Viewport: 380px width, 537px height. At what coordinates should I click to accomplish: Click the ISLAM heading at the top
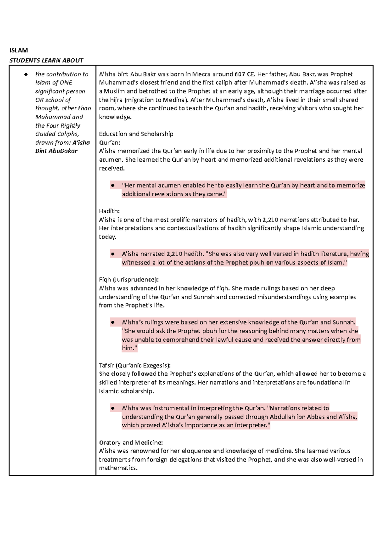(19, 50)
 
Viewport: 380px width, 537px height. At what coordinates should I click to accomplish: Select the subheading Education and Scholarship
(136, 134)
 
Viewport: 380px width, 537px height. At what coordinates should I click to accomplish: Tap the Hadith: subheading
(109, 211)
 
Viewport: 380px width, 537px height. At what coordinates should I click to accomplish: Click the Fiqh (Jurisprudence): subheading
(129, 280)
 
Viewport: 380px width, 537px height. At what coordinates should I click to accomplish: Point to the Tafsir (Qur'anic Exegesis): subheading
(135, 365)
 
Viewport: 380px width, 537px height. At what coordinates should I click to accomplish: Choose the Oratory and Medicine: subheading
(131, 443)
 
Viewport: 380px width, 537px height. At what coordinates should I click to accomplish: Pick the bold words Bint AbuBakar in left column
(56, 151)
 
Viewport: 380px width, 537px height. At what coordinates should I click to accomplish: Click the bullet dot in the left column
(26, 74)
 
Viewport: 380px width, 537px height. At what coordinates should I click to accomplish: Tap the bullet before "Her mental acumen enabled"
(112, 185)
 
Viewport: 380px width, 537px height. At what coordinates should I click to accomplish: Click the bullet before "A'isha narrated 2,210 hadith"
(112, 254)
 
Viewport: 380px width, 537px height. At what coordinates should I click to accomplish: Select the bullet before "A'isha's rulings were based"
(112, 322)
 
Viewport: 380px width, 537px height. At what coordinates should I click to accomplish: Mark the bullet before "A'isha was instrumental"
(112, 408)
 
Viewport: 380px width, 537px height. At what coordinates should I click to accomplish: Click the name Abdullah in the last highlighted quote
(282, 417)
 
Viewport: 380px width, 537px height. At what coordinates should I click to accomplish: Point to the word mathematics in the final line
(117, 468)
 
